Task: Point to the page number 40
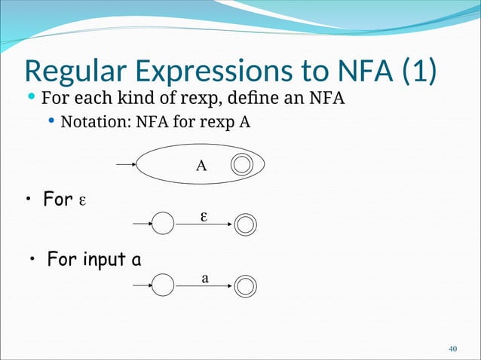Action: pyautogui.click(x=453, y=349)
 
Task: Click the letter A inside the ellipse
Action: pyautogui.click(x=201, y=166)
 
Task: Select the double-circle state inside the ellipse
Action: pyautogui.click(x=241, y=165)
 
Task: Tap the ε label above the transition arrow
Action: pyautogui.click(x=204, y=215)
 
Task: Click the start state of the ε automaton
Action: pyautogui.click(x=163, y=224)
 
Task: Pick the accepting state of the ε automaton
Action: pyautogui.click(x=246, y=224)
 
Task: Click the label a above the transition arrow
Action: pyautogui.click(x=204, y=278)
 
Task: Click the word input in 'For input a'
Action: pyautogui.click(x=101, y=261)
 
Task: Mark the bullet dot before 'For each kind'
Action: pyautogui.click(x=30, y=98)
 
